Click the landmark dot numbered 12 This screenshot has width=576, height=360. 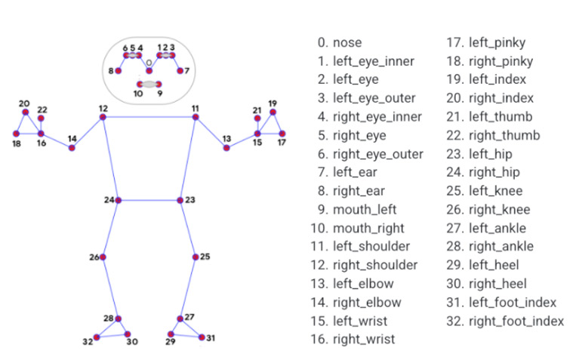pyautogui.click(x=103, y=117)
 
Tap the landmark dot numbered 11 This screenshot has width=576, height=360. pyautogui.click(x=196, y=117)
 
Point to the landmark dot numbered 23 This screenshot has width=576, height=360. pyautogui.click(x=180, y=200)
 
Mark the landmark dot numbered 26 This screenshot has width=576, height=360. pyautogui.click(x=103, y=257)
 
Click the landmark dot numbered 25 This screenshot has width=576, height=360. pyautogui.click(x=195, y=257)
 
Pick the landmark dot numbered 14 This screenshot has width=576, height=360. pyautogui.click(x=72, y=148)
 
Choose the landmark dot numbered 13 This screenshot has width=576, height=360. pyautogui.click(x=226, y=148)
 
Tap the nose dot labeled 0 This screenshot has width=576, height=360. pyautogui.click(x=149, y=71)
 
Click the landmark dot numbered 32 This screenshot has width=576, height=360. pyautogui.click(x=96, y=337)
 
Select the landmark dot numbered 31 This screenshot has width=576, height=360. pyautogui.click(x=202, y=337)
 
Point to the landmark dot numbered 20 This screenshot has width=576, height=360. pyautogui.click(x=25, y=112)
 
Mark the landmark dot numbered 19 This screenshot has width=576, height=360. pyautogui.click(x=273, y=112)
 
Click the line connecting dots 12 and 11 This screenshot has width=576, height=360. pyautogui.click(x=149, y=117)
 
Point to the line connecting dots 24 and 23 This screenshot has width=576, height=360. pyautogui.click(x=149, y=200)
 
